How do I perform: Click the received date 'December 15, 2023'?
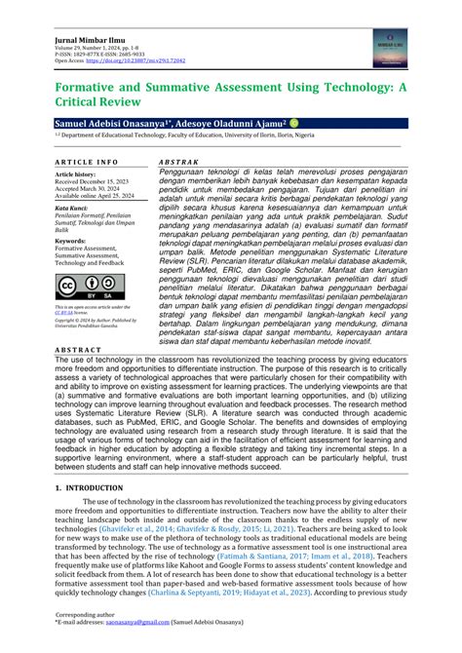pos(113,180)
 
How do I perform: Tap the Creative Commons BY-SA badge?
pos(83,288)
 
